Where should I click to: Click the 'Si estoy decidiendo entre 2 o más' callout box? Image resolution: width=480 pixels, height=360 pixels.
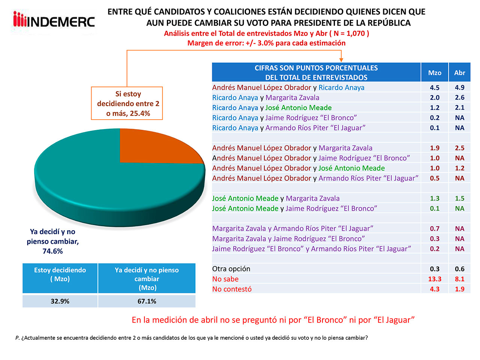point(127,103)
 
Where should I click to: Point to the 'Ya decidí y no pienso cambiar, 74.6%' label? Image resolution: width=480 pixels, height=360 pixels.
point(53,241)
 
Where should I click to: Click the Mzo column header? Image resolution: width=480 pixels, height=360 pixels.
point(435,73)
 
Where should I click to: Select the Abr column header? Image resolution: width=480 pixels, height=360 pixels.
point(459,73)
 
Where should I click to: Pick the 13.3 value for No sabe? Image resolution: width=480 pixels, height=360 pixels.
point(435,279)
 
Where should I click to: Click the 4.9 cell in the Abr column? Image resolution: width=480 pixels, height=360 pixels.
point(459,87)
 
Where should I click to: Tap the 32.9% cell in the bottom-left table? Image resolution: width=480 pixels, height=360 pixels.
point(60,301)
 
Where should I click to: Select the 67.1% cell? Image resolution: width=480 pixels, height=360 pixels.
point(147,301)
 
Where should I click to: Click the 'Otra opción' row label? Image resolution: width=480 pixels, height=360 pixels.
point(231,269)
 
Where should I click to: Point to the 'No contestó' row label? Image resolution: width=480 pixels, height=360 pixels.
point(232,289)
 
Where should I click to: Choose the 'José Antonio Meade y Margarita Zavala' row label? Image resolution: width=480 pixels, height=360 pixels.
point(276,198)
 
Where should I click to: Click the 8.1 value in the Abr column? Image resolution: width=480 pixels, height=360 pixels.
point(459,279)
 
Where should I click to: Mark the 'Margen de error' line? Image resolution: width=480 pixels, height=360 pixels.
point(266,43)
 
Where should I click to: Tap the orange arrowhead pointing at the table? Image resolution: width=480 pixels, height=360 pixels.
point(341,59)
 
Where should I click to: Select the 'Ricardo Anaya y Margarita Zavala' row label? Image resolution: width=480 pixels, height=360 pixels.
point(265,97)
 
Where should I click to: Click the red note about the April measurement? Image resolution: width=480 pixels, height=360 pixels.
point(273,320)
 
